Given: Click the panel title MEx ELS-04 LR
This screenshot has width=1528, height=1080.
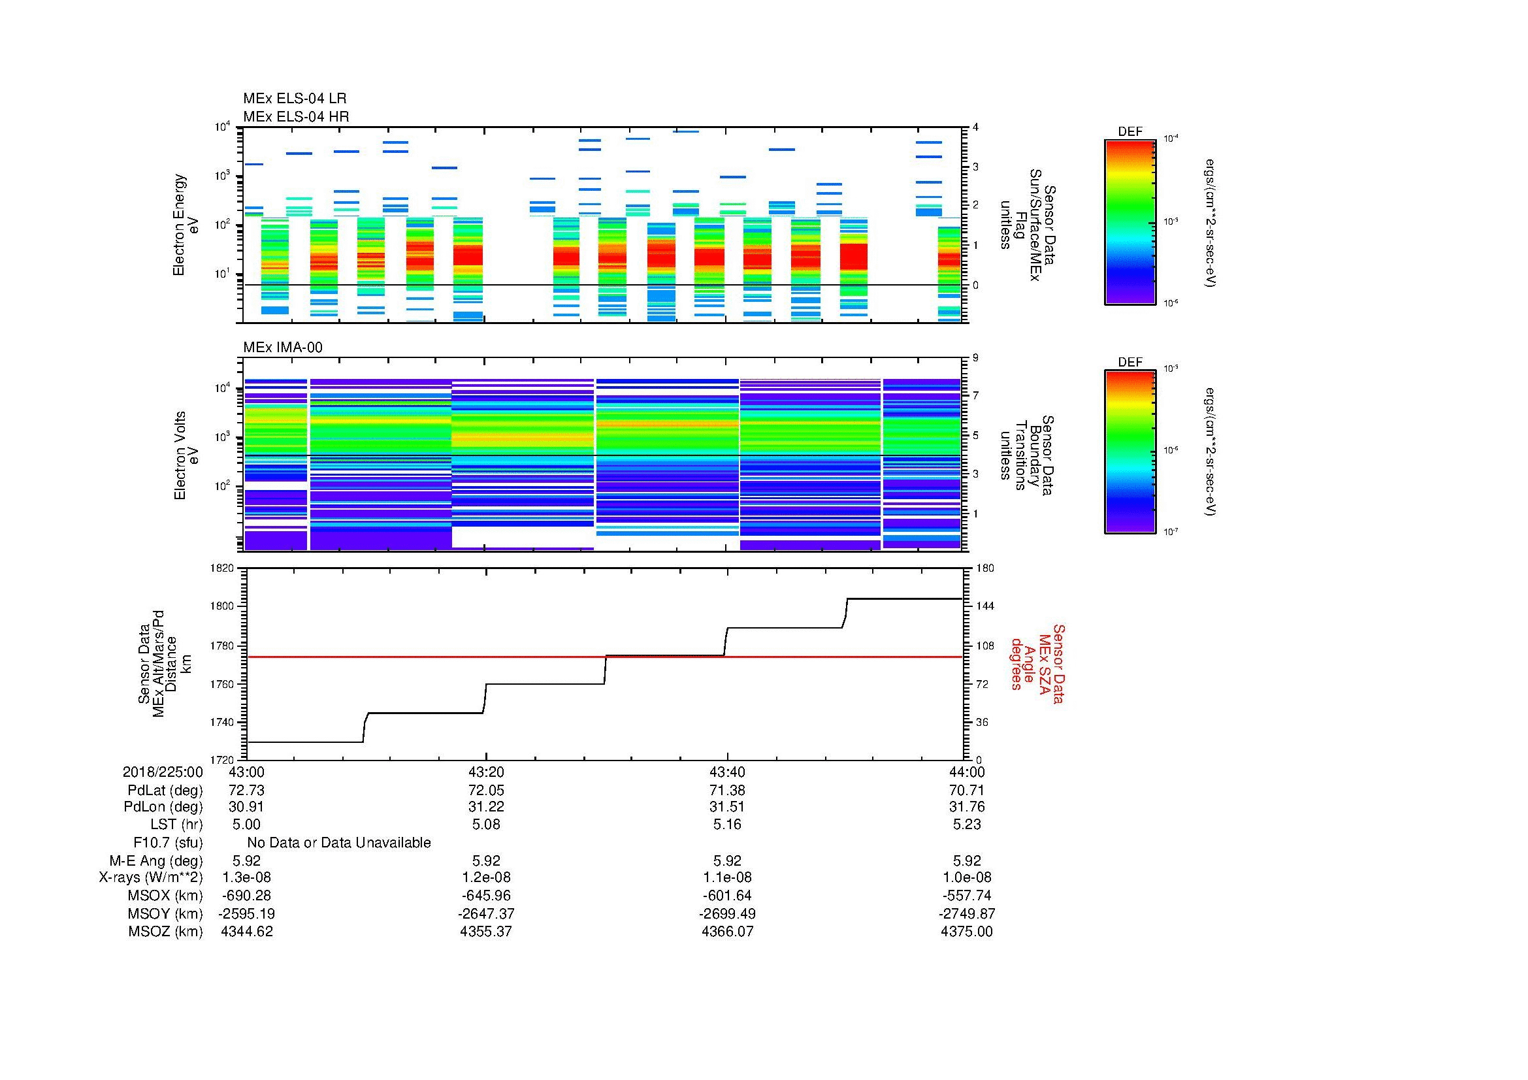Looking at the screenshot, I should (x=294, y=99).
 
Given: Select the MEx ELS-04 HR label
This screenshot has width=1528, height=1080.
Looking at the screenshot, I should (x=295, y=116).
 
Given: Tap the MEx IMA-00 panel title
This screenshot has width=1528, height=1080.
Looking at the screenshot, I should (x=282, y=348).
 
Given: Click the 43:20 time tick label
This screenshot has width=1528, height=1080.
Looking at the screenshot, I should (x=486, y=772).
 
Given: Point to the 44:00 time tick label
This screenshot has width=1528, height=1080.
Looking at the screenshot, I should (x=967, y=772).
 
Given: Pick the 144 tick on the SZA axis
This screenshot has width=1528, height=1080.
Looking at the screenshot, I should (x=984, y=606).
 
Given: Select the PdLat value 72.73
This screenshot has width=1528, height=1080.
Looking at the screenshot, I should (x=246, y=790).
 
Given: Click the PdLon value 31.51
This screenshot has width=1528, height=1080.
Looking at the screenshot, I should (x=726, y=806).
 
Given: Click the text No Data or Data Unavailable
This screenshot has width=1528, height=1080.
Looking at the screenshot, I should (x=339, y=842).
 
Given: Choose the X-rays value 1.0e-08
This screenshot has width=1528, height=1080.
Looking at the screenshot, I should (x=967, y=877).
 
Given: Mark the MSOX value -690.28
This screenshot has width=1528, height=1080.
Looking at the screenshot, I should (x=246, y=896).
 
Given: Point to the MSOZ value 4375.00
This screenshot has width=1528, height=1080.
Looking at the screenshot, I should (x=966, y=932).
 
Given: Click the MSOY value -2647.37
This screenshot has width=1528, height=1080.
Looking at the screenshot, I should (x=486, y=913).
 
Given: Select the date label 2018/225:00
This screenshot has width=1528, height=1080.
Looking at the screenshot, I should (x=163, y=772).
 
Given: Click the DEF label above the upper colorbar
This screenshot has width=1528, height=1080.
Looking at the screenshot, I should (x=1130, y=132).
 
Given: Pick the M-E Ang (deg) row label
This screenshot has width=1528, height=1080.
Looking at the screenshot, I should (x=155, y=860).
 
